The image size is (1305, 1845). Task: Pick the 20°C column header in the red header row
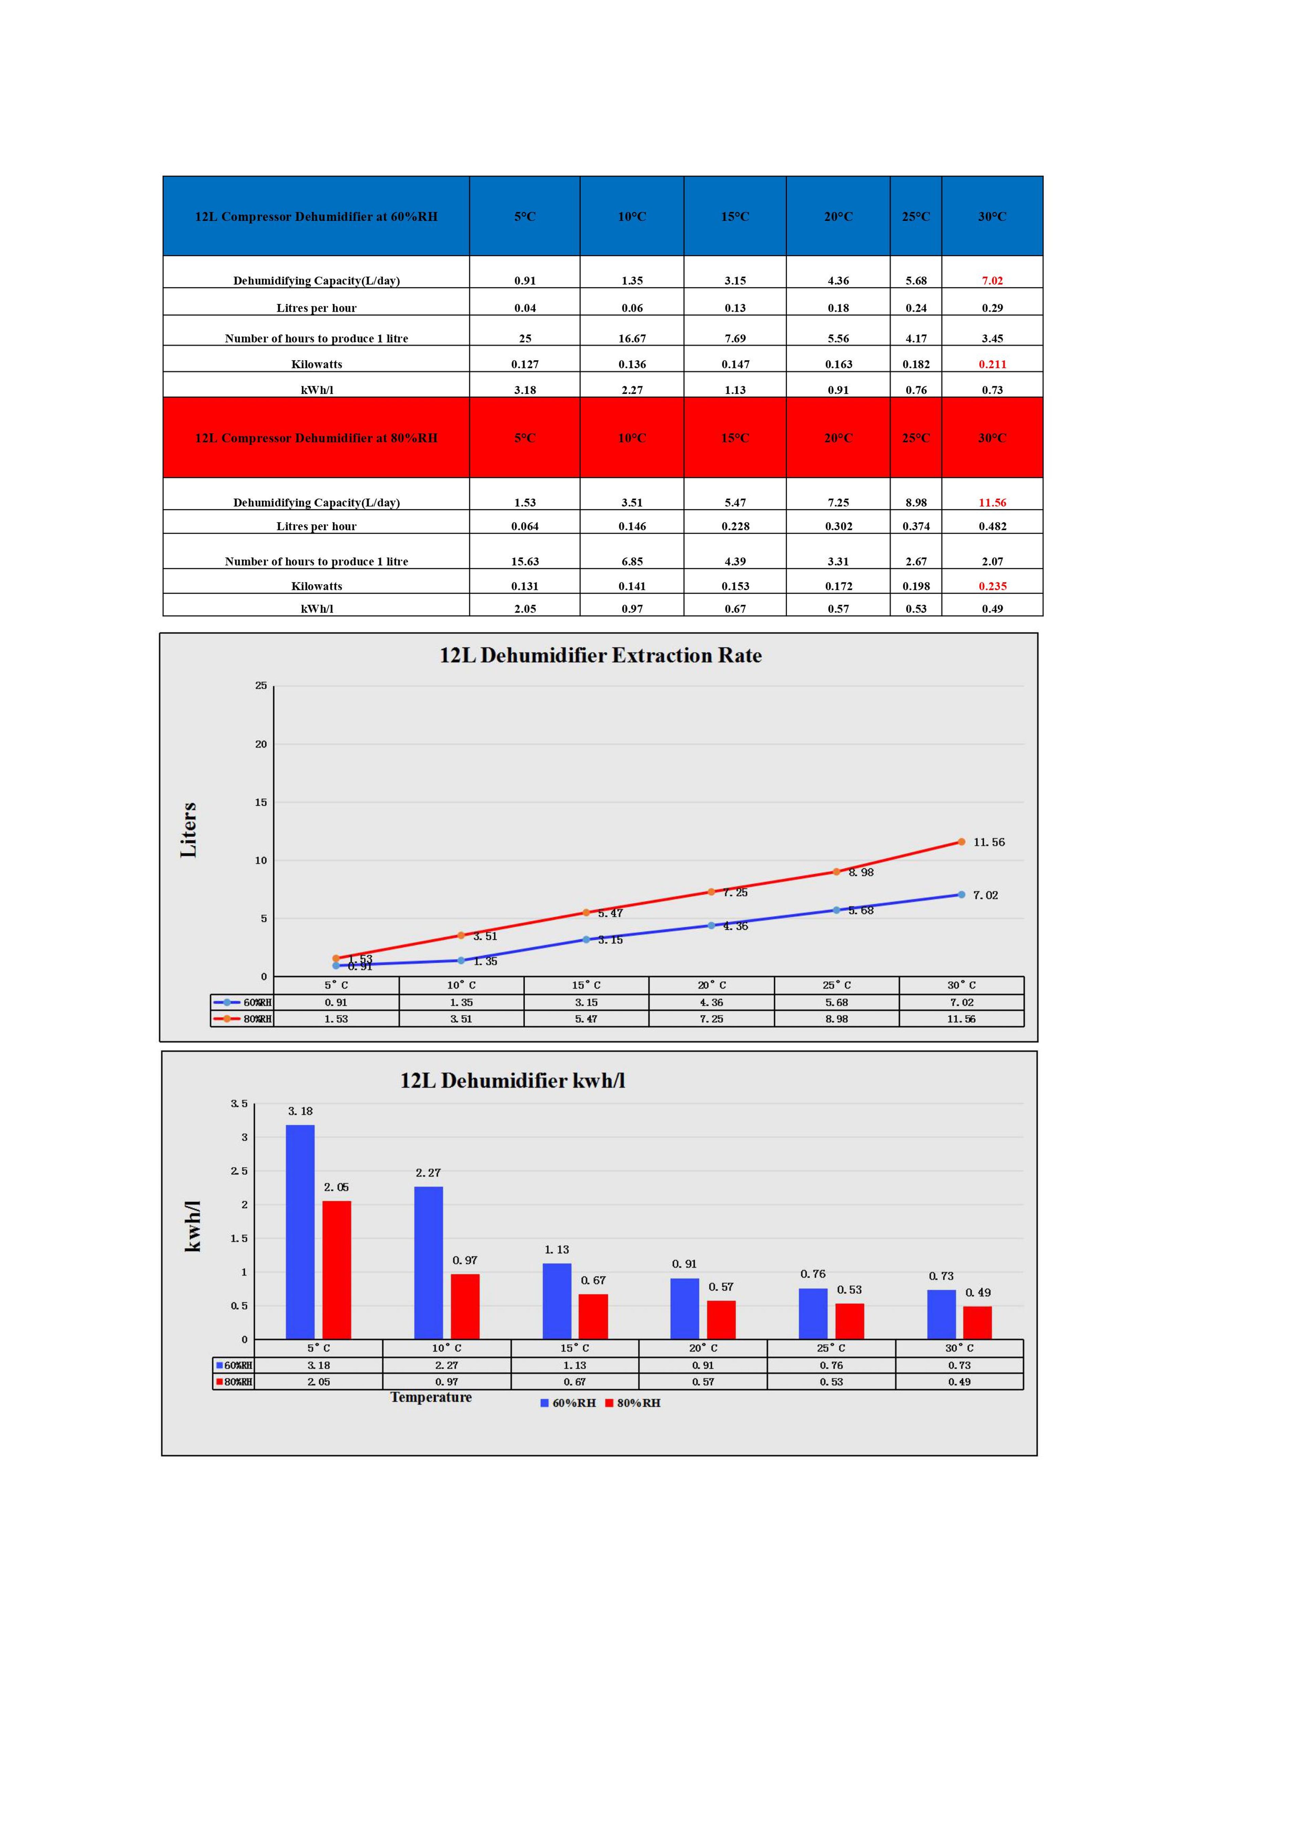(838, 438)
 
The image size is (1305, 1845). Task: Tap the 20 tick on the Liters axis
(261, 744)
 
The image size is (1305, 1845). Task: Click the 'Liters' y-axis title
(189, 830)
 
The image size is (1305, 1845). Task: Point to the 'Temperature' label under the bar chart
(431, 1398)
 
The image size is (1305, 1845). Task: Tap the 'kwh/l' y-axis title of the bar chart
(193, 1226)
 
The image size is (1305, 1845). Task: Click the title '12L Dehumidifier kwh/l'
(513, 1081)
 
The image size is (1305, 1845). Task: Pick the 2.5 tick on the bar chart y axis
(240, 1171)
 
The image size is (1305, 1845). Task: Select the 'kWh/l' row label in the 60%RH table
(317, 390)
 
